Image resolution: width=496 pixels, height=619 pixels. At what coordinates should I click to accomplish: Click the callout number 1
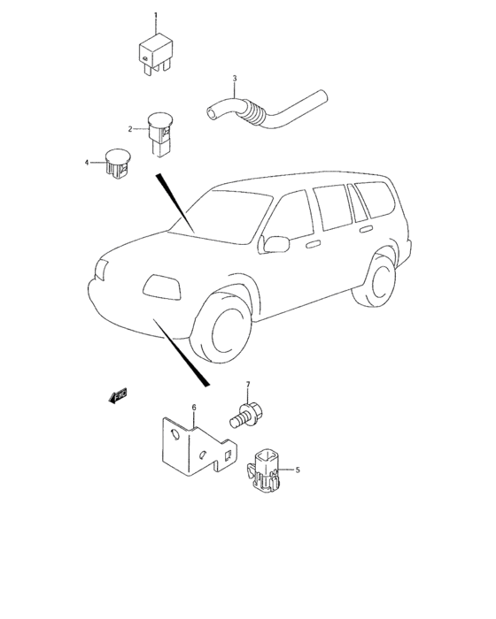[156, 16]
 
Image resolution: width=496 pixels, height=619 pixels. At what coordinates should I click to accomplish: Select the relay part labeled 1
[154, 51]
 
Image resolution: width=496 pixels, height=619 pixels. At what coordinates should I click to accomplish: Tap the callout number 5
[298, 470]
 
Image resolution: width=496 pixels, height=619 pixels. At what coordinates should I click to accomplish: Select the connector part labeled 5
[265, 470]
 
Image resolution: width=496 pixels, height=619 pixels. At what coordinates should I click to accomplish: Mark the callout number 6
[194, 408]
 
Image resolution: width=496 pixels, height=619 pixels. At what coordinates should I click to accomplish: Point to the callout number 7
[248, 385]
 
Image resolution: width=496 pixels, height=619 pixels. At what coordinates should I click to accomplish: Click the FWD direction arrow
[117, 396]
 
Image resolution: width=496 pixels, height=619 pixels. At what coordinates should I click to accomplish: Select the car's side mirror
[277, 242]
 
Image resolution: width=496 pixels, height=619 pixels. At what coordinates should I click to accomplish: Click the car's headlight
[159, 285]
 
